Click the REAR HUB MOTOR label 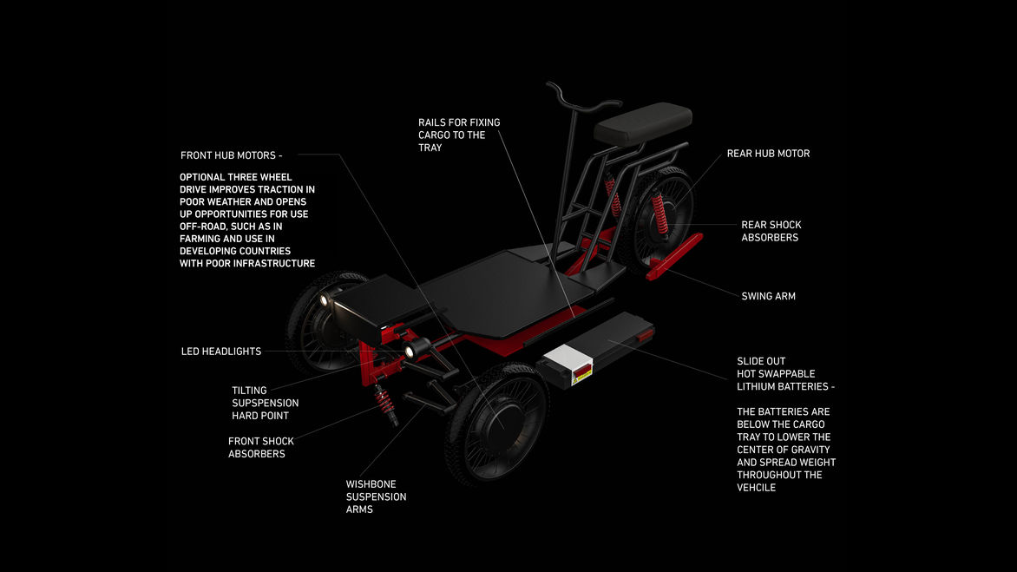click(x=768, y=154)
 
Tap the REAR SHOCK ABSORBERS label click(x=771, y=231)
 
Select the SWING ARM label click(x=768, y=296)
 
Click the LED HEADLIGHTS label click(x=220, y=352)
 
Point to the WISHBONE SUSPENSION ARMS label click(x=376, y=496)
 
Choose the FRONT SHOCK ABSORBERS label click(x=260, y=447)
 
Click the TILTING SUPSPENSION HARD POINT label click(x=265, y=403)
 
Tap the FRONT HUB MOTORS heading click(x=231, y=155)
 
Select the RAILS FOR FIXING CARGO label click(x=458, y=135)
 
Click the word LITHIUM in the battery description click(x=755, y=386)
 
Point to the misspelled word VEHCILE click(x=756, y=488)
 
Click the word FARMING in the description click(x=201, y=239)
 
